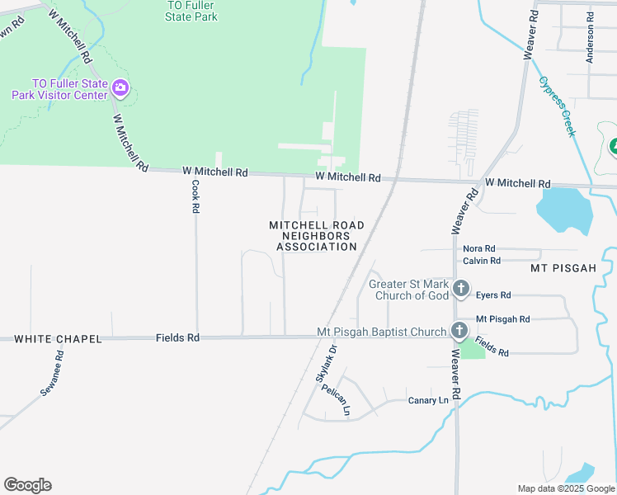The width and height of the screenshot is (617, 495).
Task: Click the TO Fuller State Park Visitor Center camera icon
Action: point(120,87)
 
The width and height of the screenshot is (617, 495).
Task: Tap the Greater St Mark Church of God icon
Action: point(461,290)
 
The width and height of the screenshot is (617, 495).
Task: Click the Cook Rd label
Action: point(195,197)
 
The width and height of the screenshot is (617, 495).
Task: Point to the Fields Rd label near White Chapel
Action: point(177,338)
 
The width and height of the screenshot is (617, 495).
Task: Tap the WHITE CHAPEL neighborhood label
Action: point(58,339)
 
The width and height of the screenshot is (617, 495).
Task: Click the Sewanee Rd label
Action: point(54,371)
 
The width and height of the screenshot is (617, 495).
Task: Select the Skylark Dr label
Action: point(327,363)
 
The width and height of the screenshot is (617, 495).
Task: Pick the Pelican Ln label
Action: point(337,399)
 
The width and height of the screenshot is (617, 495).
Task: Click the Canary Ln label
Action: point(429,401)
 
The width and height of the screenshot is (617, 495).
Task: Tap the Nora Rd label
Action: point(478,248)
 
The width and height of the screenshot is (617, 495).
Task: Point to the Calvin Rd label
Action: point(482,261)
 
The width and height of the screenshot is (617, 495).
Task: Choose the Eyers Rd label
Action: point(494,295)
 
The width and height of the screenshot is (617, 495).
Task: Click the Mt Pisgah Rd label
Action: point(502,319)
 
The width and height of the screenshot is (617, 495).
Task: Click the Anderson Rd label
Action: point(590,37)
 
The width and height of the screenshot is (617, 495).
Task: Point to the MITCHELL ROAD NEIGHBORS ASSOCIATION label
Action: point(317,236)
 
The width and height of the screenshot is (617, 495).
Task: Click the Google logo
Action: point(27,485)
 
